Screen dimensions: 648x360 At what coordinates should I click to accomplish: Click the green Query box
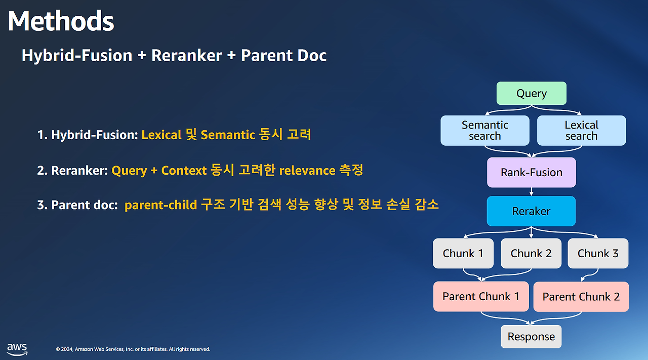pos(532,93)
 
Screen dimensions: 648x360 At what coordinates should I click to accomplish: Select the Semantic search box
pos(485,131)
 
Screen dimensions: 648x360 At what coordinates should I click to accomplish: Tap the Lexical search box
pos(582,131)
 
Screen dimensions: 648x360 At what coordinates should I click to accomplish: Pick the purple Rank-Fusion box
pos(532,173)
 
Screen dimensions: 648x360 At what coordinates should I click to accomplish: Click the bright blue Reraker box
pos(531,211)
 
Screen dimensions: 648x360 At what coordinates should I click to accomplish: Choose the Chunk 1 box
pos(463,253)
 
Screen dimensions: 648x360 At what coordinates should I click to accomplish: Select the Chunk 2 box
pos(531,253)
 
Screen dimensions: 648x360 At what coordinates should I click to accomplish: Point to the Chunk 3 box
pos(598,253)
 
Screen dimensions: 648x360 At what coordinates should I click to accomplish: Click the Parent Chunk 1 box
pos(481,297)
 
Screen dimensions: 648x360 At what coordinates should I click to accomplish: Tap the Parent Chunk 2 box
pos(581,297)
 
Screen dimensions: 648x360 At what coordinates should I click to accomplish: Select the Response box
pos(531,337)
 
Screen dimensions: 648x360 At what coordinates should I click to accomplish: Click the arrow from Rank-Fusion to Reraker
pos(532,192)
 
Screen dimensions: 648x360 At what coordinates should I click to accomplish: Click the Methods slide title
pos(61,21)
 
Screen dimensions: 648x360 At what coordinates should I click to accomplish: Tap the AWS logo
pos(17,349)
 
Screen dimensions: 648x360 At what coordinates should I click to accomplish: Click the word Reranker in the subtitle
pos(187,55)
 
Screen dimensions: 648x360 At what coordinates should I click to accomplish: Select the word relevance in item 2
pos(307,171)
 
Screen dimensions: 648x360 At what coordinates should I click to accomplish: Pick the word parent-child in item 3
pos(160,205)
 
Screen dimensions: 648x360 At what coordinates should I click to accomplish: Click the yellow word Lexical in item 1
pos(161,135)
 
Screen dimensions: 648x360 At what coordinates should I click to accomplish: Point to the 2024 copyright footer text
pos(133,349)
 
